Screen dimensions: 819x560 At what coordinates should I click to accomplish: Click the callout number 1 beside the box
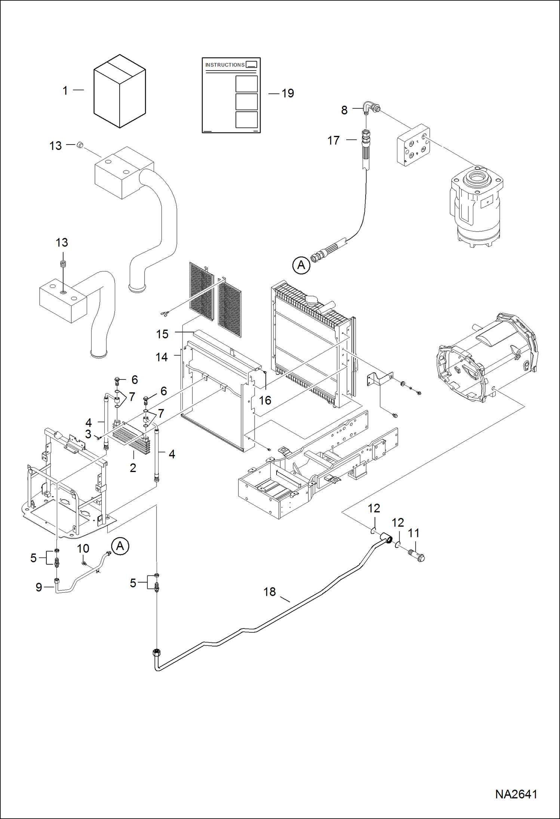tap(65, 90)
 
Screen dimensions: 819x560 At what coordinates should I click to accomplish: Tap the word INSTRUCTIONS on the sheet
tap(225, 65)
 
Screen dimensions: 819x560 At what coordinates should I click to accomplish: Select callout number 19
tap(287, 93)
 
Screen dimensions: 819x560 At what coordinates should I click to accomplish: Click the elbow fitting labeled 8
tap(369, 108)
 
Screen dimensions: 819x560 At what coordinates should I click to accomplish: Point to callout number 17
tap(333, 140)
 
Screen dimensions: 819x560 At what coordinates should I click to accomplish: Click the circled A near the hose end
tap(301, 265)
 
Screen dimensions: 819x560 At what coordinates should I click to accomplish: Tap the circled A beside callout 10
tap(120, 546)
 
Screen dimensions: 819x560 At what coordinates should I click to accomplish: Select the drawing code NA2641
tap(516, 794)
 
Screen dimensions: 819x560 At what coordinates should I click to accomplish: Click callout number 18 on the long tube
tap(269, 592)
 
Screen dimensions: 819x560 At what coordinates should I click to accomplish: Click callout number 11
tap(413, 533)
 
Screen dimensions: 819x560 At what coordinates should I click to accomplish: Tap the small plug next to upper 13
tap(80, 145)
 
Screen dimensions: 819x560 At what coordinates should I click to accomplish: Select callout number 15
tap(162, 334)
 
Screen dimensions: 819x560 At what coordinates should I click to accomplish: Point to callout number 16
tap(265, 401)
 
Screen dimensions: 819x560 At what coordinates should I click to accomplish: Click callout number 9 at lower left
tap(39, 587)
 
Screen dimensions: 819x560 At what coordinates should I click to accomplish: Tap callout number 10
tap(83, 549)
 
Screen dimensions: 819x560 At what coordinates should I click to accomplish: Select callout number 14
tap(161, 357)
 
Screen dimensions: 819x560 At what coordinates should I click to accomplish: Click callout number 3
tap(88, 434)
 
